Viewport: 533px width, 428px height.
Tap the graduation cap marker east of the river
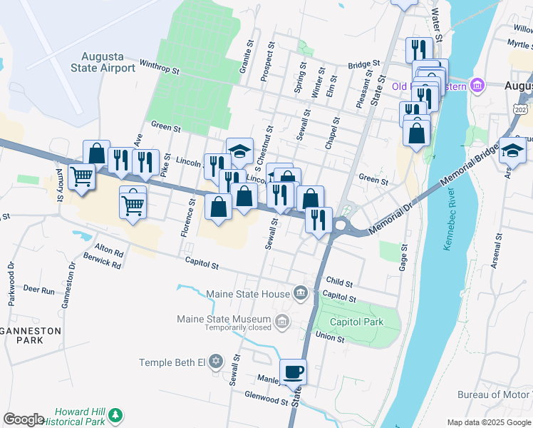(512, 151)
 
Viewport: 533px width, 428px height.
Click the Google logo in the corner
(24, 419)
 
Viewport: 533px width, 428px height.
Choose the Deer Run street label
(38, 290)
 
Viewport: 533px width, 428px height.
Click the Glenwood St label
(266, 402)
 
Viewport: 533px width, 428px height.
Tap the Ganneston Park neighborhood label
(21, 335)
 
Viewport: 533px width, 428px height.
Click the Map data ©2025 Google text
(489, 422)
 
